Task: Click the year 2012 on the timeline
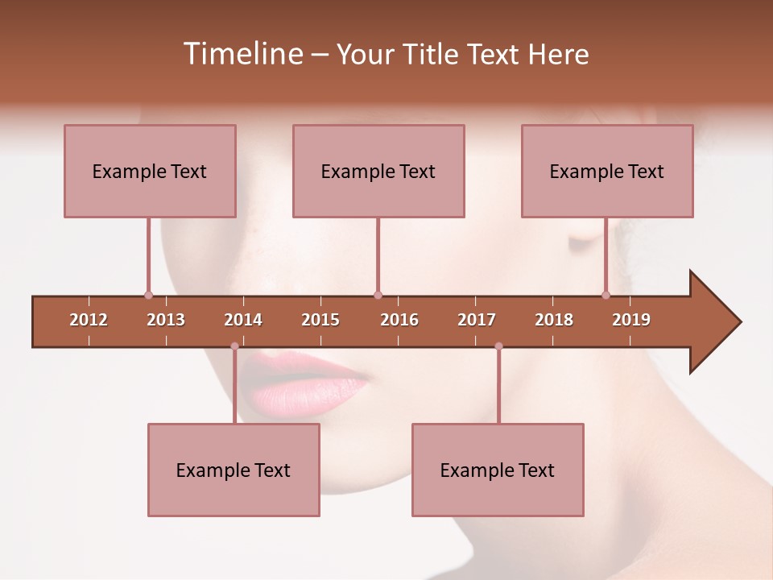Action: tap(89, 320)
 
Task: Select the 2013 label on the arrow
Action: tap(166, 320)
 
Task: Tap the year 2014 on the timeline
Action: tap(243, 320)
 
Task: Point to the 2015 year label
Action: tap(320, 320)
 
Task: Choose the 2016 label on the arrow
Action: tap(399, 320)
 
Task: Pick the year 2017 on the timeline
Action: tap(477, 320)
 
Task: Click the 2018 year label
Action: tap(554, 320)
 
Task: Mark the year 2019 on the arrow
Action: tap(631, 320)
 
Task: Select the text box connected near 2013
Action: tap(150, 171)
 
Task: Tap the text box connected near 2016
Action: tap(378, 171)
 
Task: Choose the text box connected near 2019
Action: tap(607, 171)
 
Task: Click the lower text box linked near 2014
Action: tap(234, 470)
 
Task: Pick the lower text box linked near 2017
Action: tap(498, 470)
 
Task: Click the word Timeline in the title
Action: tap(242, 54)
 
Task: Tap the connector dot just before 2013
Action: tap(148, 295)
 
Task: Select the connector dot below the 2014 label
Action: tap(234, 346)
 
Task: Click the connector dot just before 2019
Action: tap(606, 295)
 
